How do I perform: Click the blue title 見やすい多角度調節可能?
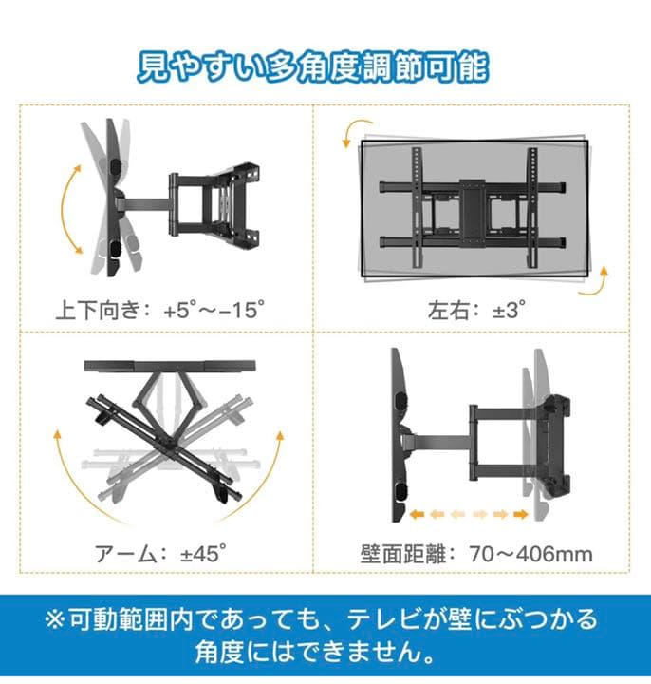click(x=313, y=67)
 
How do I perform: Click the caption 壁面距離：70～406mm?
click(x=477, y=553)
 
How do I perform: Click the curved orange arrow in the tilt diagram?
click(x=69, y=206)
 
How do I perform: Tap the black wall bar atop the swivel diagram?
click(x=171, y=366)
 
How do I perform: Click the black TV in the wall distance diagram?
click(x=399, y=432)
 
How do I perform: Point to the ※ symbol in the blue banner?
click(x=55, y=620)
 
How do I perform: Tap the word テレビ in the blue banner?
click(x=378, y=620)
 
